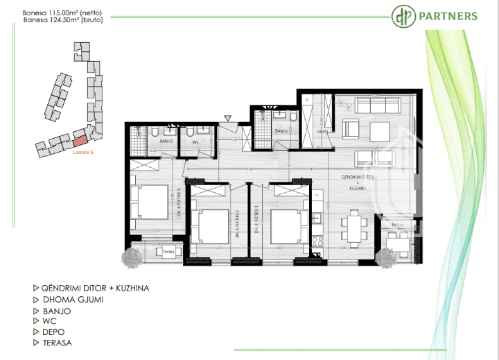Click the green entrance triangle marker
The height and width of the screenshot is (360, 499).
click(x=228, y=119)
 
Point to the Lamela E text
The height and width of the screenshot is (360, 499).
click(x=83, y=155)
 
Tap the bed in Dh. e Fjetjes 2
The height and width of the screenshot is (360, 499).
click(x=212, y=225)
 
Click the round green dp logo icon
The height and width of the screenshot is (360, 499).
click(x=401, y=16)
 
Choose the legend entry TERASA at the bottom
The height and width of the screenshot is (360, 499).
click(x=57, y=343)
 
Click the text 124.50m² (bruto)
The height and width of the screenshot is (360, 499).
click(x=63, y=20)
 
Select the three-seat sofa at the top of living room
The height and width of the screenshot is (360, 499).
click(x=374, y=106)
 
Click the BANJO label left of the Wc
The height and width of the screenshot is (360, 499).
click(x=166, y=141)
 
